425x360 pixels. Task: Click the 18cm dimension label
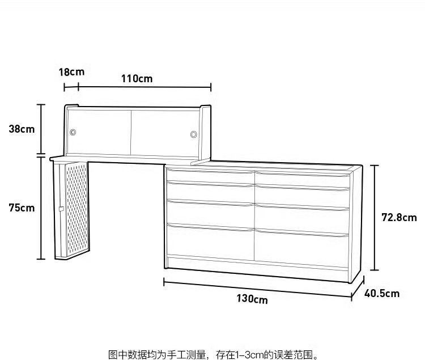coord(71,72)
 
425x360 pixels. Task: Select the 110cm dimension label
coord(137,79)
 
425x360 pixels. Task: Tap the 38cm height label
coord(22,129)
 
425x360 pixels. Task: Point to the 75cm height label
coord(22,208)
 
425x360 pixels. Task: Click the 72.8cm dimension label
coord(399,217)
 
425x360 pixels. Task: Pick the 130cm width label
coord(252,299)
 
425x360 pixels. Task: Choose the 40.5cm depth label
coord(382,293)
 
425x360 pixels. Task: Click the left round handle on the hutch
coord(73,132)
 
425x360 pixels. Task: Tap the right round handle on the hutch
coord(194,134)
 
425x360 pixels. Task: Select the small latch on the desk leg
coord(61,209)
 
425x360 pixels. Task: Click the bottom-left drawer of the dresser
coord(211,242)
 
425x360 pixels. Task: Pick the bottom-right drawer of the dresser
coord(301,248)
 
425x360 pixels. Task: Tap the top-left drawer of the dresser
coord(210,175)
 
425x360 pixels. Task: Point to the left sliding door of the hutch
coord(99,132)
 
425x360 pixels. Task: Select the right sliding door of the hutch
coord(165,133)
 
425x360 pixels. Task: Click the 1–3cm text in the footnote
coord(250,354)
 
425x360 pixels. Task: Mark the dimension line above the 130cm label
coord(257,289)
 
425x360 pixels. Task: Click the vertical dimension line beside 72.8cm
coord(375,217)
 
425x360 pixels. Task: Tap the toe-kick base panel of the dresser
coord(257,268)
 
